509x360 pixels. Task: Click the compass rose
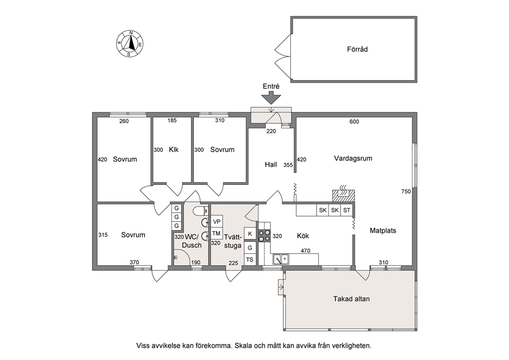(x=130, y=44)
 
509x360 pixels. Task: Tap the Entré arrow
(x=271, y=98)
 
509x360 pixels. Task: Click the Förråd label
(x=358, y=49)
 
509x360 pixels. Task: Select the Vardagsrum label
(x=353, y=159)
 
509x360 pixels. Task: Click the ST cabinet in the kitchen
(x=347, y=210)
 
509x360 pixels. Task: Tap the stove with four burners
(x=264, y=235)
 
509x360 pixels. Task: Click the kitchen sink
(x=281, y=259)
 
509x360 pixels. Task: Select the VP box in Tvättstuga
(x=217, y=221)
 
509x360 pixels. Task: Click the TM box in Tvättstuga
(x=217, y=233)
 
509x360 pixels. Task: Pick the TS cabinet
(x=250, y=260)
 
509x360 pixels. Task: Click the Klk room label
(x=173, y=150)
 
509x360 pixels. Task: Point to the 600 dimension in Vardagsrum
(x=354, y=122)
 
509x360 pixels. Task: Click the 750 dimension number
(x=406, y=192)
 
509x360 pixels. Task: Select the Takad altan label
(x=351, y=299)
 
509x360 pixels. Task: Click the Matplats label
(x=383, y=231)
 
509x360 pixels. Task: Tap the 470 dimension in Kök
(x=305, y=251)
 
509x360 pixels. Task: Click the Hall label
(x=271, y=165)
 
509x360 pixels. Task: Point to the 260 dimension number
(x=124, y=121)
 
